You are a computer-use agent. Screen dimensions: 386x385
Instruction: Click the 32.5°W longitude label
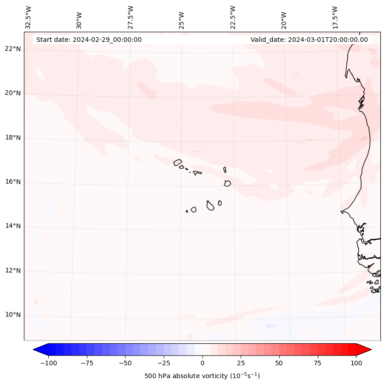point(29,17)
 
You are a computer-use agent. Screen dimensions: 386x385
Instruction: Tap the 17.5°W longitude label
point(335,17)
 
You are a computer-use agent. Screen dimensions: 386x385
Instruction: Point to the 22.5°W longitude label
point(233,17)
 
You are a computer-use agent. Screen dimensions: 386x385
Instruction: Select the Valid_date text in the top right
point(309,40)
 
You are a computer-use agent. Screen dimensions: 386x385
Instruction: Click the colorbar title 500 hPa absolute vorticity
point(202,376)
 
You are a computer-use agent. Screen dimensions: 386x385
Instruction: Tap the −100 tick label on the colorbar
point(48,363)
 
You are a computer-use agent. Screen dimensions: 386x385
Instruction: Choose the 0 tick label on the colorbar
point(202,363)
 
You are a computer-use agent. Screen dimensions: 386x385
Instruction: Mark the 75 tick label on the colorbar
point(318,363)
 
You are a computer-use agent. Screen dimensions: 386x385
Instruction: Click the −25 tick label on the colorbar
point(164,363)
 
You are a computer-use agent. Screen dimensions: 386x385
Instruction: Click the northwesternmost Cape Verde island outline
point(178,162)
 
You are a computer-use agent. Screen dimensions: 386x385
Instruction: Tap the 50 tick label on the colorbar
point(279,363)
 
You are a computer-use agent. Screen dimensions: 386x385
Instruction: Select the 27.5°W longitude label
point(131,17)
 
